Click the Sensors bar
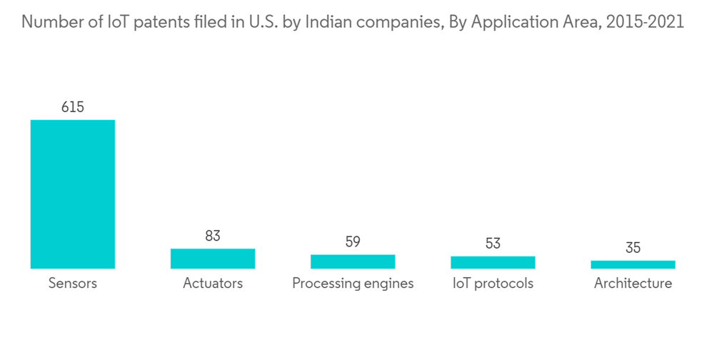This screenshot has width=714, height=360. tap(72, 194)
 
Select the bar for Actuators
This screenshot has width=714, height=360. tap(213, 259)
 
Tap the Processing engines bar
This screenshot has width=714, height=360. tap(353, 261)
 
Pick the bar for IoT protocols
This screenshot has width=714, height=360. tap(493, 262)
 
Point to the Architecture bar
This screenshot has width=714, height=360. tap(633, 264)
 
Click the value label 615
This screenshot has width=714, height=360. tap(72, 107)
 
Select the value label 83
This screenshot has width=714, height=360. tap(213, 236)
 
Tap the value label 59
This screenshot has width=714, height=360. tap(353, 241)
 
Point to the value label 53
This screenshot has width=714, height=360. tap(493, 244)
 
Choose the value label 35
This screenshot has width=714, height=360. tap(633, 248)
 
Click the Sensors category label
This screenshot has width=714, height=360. tap(72, 284)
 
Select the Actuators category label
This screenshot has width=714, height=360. tap(213, 284)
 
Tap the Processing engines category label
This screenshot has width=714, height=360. tap(353, 284)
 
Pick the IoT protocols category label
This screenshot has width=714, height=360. tap(493, 284)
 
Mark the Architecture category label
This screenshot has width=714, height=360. tap(633, 284)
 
